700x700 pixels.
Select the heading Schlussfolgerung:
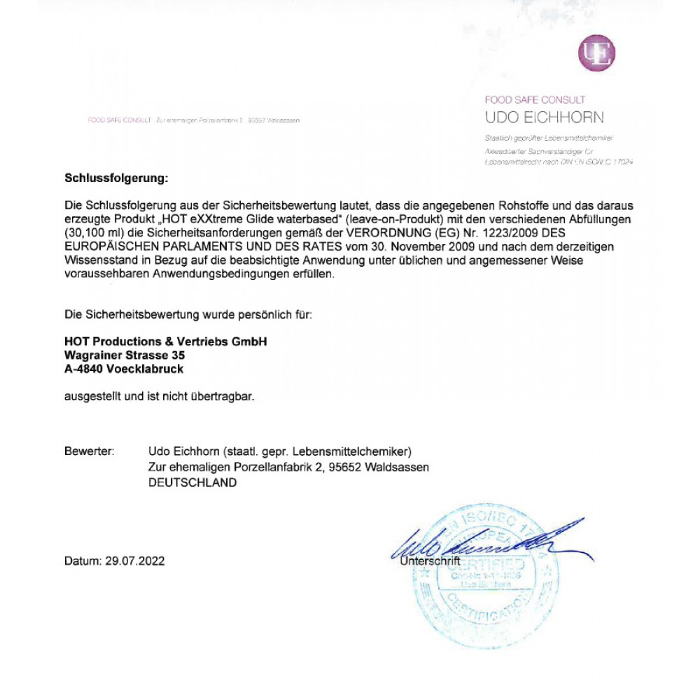click(116, 178)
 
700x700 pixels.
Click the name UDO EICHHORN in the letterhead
click(544, 117)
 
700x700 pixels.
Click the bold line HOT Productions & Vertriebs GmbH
click(165, 342)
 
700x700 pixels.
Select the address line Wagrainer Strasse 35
click(125, 356)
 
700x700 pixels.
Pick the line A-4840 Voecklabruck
click(124, 369)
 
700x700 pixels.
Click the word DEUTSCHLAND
click(192, 483)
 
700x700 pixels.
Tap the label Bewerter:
click(89, 451)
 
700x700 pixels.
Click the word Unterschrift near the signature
click(430, 561)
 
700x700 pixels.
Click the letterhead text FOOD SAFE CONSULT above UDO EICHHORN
click(535, 100)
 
